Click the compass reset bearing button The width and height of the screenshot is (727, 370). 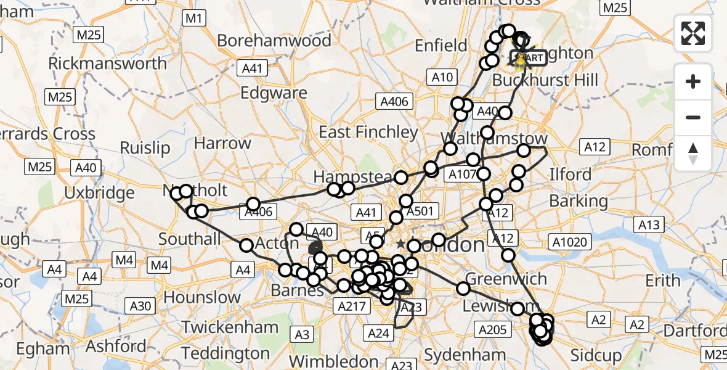coord(693,154)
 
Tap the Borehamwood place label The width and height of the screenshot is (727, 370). coord(274,41)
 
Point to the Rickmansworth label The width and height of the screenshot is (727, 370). coord(107,64)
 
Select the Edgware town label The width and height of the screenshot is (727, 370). coord(274,93)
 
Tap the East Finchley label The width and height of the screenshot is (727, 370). coord(368,132)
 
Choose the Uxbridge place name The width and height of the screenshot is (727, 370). coord(99,193)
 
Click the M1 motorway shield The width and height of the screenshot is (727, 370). coord(194,18)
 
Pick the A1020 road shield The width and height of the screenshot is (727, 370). coord(571,242)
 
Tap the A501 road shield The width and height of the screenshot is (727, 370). coord(421,212)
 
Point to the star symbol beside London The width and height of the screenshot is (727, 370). coord(400,244)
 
